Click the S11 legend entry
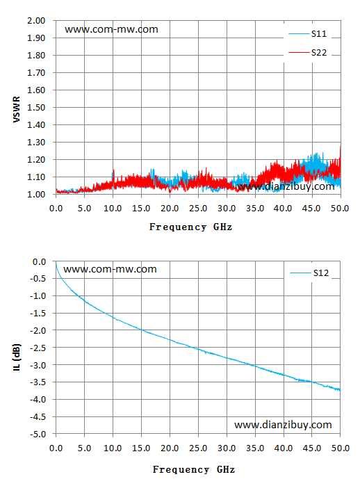(x=308, y=34)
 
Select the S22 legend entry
(x=308, y=52)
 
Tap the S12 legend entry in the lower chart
(x=309, y=273)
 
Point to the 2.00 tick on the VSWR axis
(x=36, y=21)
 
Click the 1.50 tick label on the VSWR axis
(x=36, y=108)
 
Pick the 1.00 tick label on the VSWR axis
(x=36, y=195)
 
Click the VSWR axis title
(x=17, y=110)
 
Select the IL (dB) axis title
(x=17, y=357)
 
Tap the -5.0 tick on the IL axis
(x=38, y=435)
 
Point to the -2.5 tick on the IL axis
(x=38, y=348)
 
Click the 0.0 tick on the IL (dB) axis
(x=40, y=261)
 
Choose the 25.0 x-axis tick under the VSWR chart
(x=198, y=209)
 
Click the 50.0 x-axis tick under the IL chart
(x=340, y=448)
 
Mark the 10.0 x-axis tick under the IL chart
(x=113, y=448)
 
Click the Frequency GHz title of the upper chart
(x=190, y=227)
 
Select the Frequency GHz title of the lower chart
(x=194, y=470)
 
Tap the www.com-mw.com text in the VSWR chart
(x=111, y=29)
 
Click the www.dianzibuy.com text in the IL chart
(x=283, y=425)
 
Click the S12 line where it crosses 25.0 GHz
(x=198, y=349)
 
